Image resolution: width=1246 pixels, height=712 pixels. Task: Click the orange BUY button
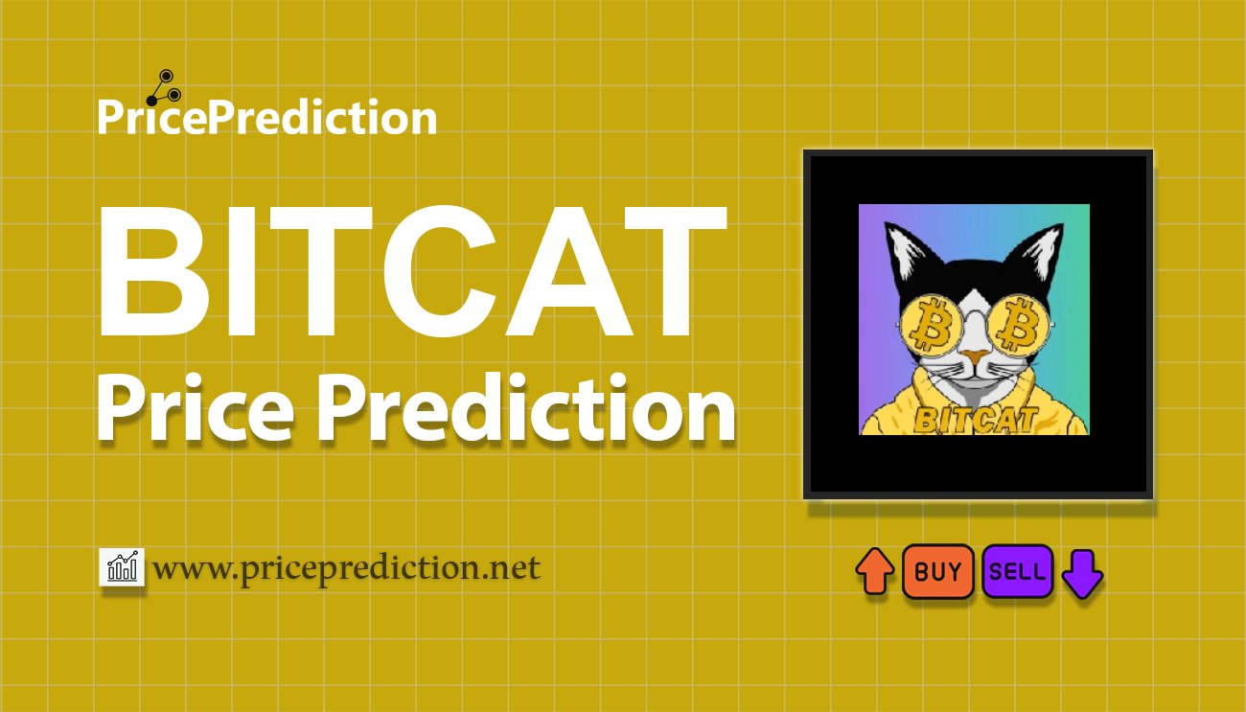tap(937, 572)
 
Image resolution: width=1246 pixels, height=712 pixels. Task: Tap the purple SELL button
tap(1017, 572)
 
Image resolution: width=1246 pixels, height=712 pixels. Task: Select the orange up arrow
tap(874, 571)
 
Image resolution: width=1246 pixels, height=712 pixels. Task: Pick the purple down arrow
tap(1083, 573)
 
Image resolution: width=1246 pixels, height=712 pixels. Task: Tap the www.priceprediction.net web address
tap(346, 568)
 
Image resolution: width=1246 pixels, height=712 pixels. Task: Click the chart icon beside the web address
tap(123, 568)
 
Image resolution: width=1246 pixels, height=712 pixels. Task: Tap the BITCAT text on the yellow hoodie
tap(974, 419)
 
